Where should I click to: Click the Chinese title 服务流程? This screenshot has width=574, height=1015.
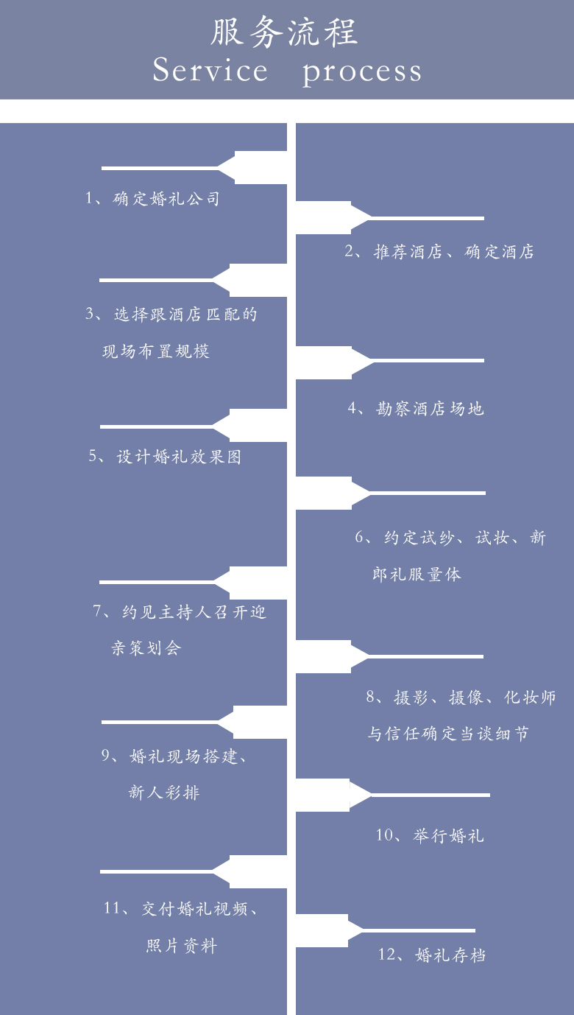[284, 32]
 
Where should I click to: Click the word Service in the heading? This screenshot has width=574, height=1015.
[210, 70]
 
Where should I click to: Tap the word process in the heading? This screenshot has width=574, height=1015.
[362, 72]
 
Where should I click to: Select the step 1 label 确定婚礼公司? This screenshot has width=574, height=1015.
[166, 198]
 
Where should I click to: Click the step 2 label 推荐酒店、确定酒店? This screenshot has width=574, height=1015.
[453, 251]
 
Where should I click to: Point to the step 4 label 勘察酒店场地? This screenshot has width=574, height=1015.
[430, 409]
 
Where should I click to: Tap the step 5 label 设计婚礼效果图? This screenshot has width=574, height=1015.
[179, 456]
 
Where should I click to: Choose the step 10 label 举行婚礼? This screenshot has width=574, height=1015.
[448, 835]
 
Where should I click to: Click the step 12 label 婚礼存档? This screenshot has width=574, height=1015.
[450, 955]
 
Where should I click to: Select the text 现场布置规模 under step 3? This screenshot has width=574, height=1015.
[156, 351]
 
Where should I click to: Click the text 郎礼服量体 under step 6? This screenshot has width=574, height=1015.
[417, 574]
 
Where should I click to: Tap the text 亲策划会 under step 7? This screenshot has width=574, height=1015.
[146, 647]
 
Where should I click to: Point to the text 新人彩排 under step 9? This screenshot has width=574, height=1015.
[164, 793]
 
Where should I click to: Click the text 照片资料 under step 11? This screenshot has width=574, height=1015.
[182, 946]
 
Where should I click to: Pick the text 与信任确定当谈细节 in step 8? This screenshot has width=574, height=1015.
[447, 733]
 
